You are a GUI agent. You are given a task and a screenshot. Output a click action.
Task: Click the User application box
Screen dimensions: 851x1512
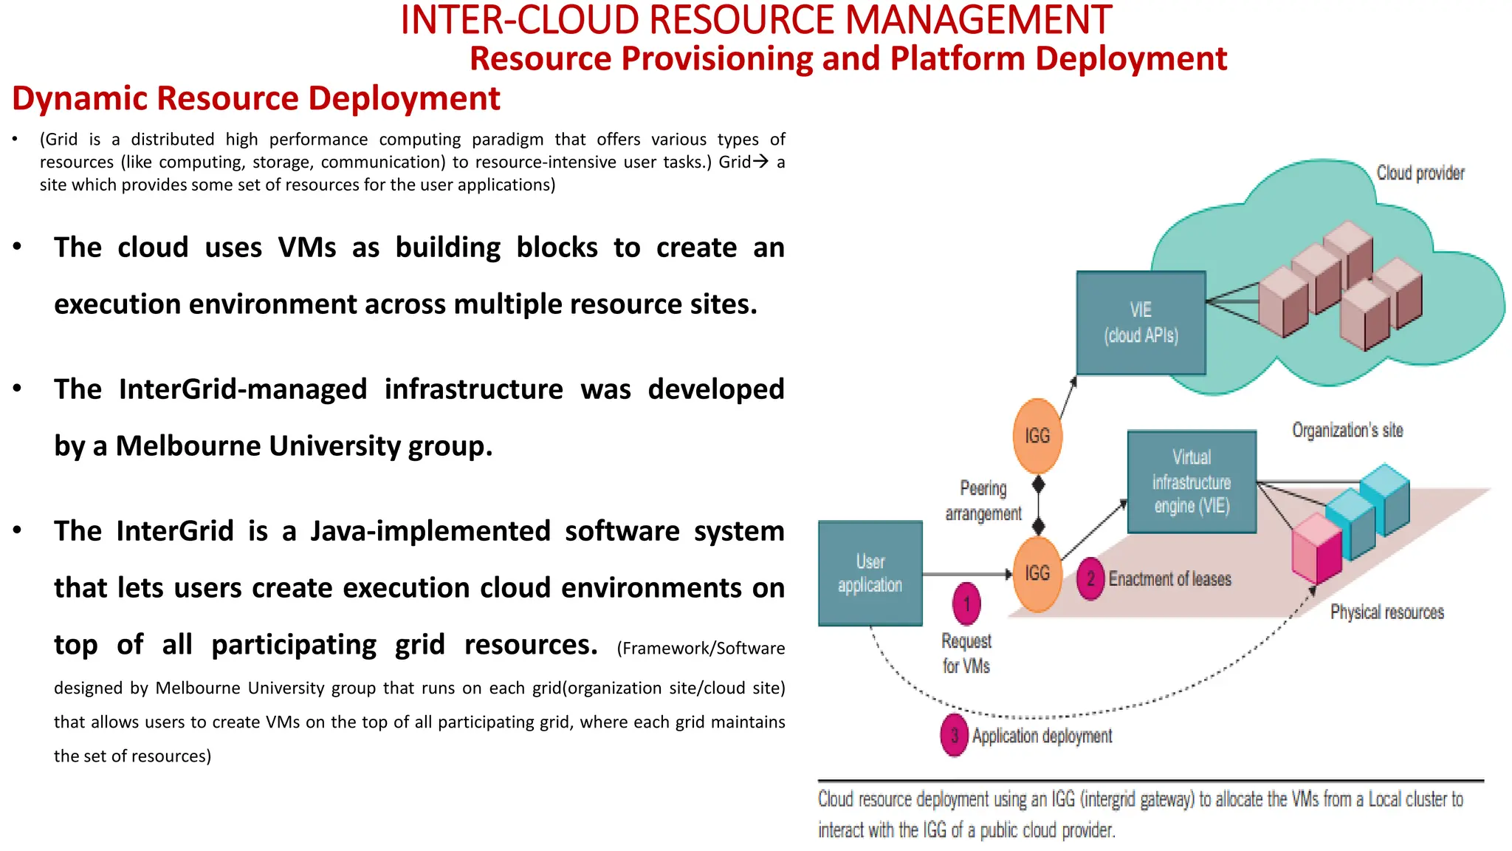(x=870, y=573)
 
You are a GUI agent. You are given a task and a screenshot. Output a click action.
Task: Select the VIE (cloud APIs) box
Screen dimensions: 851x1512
(x=1141, y=323)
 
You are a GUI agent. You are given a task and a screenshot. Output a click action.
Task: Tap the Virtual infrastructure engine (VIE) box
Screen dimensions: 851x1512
(x=1192, y=482)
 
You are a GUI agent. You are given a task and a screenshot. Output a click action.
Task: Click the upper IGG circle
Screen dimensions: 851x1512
(x=1037, y=436)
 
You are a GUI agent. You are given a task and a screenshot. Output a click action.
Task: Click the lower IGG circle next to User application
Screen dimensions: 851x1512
(x=1037, y=574)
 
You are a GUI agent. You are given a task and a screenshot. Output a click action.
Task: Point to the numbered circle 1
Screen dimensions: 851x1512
(x=966, y=604)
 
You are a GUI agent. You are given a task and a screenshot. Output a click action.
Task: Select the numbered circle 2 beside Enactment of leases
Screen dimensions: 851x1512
(x=1090, y=578)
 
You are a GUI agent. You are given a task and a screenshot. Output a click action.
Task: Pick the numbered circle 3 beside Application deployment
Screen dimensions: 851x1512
(x=954, y=736)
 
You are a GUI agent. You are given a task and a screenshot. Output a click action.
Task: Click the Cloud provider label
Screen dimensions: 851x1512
(x=1420, y=173)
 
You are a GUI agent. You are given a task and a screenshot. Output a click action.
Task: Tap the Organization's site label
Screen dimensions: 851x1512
(x=1347, y=430)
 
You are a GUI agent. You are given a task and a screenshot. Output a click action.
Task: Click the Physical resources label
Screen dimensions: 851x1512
(x=1386, y=612)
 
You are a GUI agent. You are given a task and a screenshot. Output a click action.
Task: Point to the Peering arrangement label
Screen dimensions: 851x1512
(x=983, y=500)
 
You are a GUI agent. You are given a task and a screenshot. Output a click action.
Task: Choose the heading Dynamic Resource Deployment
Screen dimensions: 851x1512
(x=256, y=98)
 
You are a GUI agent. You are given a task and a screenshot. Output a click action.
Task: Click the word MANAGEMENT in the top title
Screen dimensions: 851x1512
(x=978, y=20)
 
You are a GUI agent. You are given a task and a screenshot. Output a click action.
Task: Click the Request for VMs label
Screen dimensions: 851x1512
(x=966, y=653)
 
